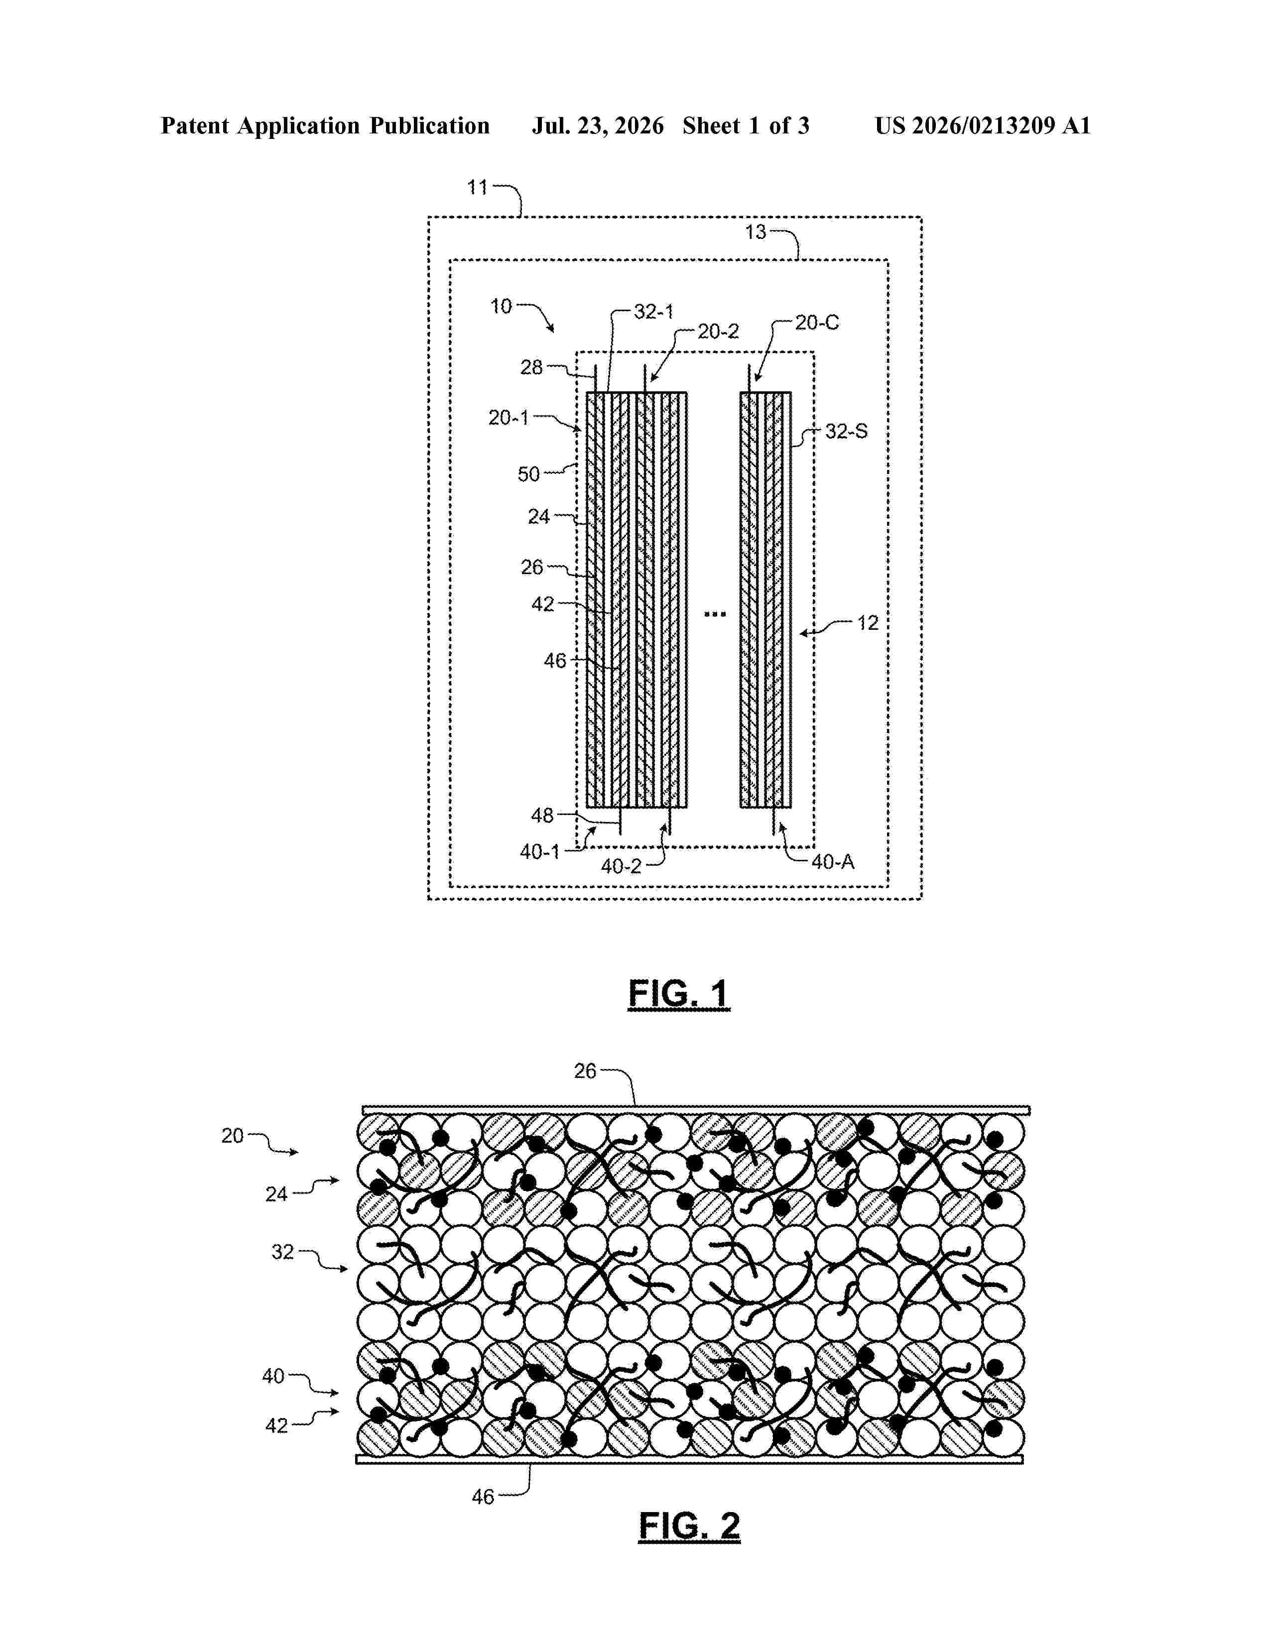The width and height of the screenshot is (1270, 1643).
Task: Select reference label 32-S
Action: pos(846,431)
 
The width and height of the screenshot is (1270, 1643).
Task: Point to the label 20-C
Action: pos(817,323)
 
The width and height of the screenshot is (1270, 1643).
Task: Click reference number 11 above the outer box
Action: pos(478,187)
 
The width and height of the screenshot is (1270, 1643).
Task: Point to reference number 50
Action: pos(529,474)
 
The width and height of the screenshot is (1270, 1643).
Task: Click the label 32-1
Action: pos(654,312)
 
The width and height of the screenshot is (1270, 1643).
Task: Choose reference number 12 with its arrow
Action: pos(868,622)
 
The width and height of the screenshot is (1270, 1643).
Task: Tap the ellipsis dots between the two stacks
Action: pos(715,614)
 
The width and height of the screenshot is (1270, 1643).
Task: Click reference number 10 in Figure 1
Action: pos(501,306)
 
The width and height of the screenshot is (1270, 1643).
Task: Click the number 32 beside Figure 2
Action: pos(283,1251)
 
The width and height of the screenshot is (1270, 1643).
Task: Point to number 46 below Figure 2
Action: pos(483,1497)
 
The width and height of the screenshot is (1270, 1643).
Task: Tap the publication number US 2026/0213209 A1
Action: pos(983,125)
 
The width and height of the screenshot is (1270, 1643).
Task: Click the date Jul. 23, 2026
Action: pos(598,125)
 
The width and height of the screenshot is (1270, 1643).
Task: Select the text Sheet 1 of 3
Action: pos(746,125)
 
